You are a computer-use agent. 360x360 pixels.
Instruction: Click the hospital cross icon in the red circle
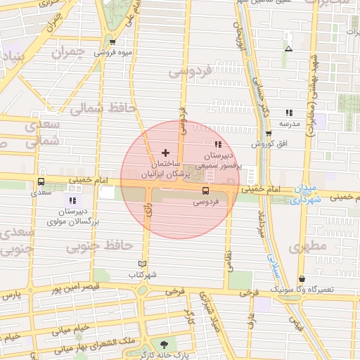(x=165, y=152)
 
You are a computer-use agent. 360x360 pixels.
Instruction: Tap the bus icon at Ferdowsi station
(x=205, y=191)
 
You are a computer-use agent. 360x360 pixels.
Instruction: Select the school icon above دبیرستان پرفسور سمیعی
(x=217, y=144)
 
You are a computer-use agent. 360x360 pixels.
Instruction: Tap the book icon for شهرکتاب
(x=143, y=264)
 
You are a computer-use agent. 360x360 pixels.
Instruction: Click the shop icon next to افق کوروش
(x=269, y=133)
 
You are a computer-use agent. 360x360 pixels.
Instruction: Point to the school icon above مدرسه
(x=288, y=112)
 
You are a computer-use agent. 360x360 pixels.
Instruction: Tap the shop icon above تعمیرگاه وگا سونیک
(x=302, y=278)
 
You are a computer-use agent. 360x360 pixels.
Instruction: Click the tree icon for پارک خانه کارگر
(x=164, y=345)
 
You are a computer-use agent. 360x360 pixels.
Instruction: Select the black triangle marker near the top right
(x=288, y=49)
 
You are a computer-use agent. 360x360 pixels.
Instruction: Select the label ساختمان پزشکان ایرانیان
(x=166, y=167)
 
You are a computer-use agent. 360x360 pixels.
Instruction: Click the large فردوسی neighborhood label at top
(x=190, y=71)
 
